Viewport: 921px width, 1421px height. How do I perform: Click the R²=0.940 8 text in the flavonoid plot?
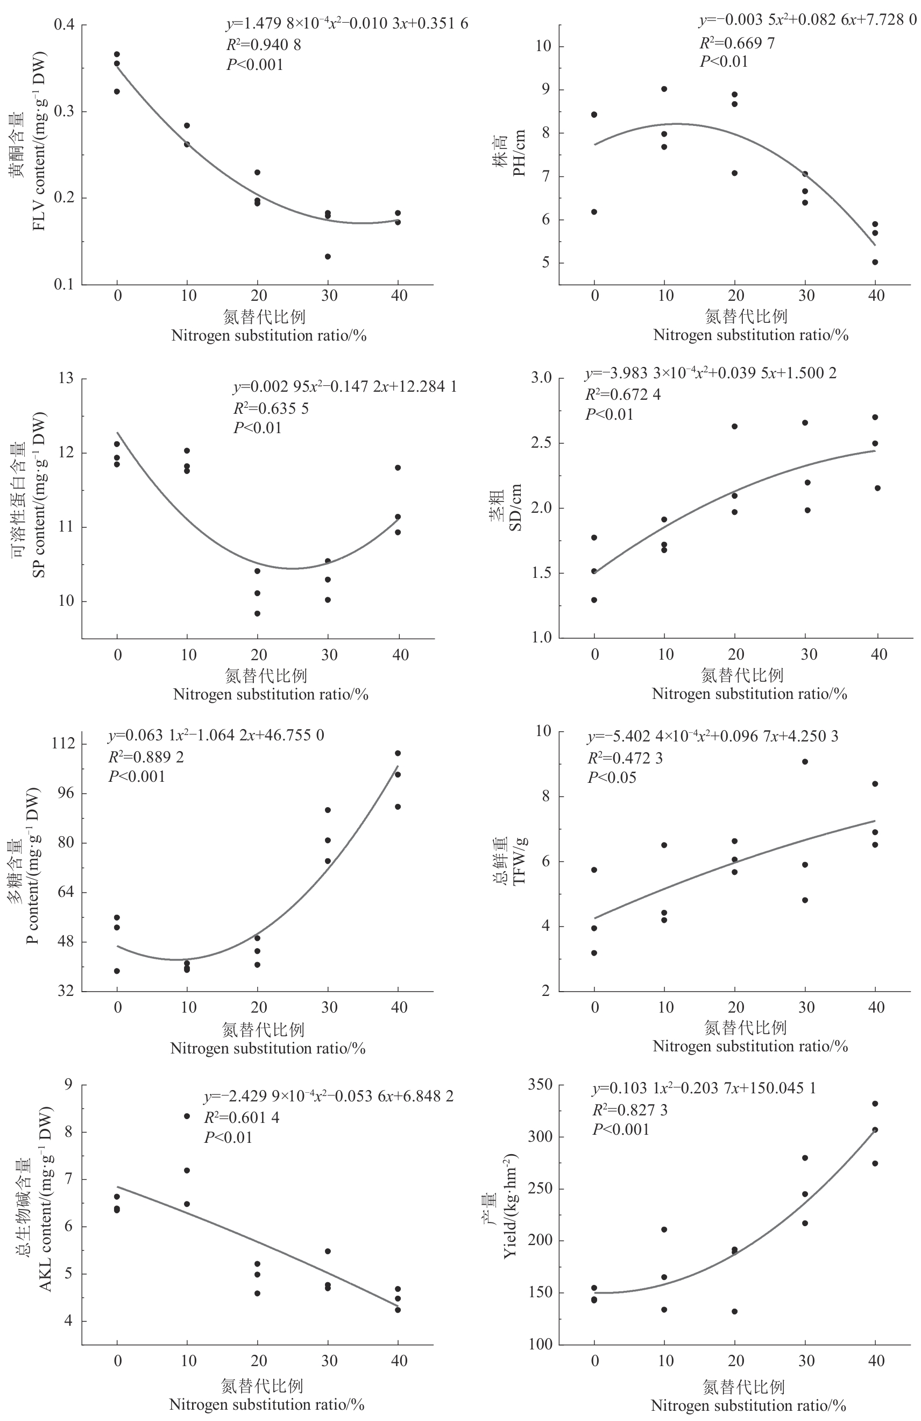coord(263,45)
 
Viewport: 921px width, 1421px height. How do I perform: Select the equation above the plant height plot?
coord(807,20)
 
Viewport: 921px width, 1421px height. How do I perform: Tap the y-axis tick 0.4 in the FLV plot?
coord(64,25)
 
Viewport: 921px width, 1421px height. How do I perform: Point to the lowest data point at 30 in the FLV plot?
coord(328,257)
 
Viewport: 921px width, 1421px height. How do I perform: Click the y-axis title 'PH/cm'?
coord(519,153)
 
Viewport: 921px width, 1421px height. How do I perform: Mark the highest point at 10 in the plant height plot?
coord(664,89)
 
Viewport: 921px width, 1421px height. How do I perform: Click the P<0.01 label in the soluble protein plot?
coord(257,428)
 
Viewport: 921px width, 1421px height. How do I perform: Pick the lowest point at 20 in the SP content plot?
coord(257,614)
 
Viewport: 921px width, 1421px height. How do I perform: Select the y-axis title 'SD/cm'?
coord(515,507)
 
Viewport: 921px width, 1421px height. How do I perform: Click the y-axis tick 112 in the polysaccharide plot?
coord(64,744)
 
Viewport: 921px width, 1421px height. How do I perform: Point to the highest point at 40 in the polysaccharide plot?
coord(398,753)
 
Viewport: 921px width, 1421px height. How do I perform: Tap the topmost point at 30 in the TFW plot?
coord(805,762)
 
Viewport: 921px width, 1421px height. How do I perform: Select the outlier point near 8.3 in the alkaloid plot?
coord(187,1116)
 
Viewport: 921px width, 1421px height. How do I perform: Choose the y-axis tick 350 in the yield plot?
coord(540,1084)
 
